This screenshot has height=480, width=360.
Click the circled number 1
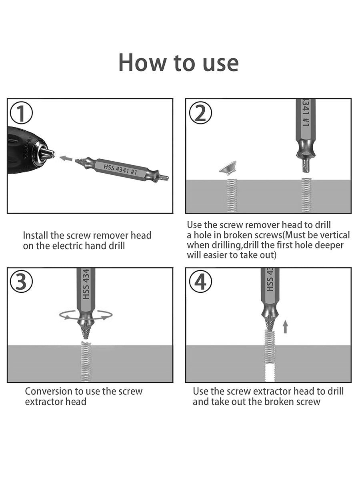point(22,113)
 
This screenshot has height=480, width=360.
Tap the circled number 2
point(200,113)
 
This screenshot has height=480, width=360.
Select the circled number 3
point(22,282)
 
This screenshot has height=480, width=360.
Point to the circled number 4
point(200,282)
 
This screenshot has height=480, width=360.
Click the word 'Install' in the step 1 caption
point(36,236)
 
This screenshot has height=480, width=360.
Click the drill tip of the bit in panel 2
point(306,166)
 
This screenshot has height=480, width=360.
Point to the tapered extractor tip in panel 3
point(86,332)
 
